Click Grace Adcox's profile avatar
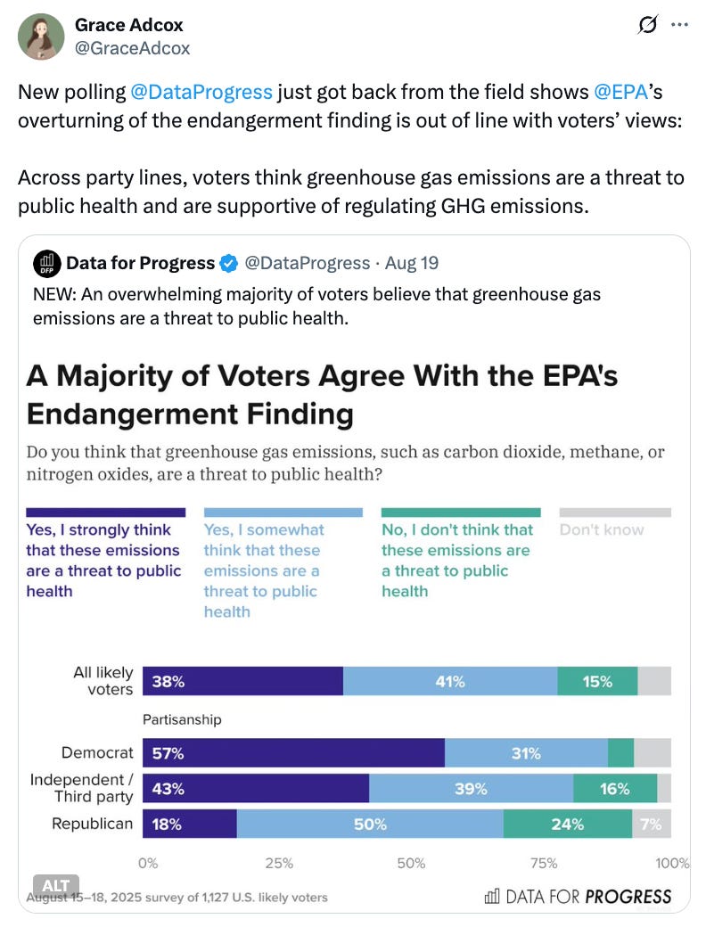pyautogui.click(x=41, y=37)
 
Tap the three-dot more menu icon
pyautogui.click(x=679, y=25)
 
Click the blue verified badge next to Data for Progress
pyautogui.click(x=229, y=263)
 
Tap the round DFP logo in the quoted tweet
pyautogui.click(x=46, y=263)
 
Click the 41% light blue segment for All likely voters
pyautogui.click(x=450, y=682)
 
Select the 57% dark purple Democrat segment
pyautogui.click(x=293, y=753)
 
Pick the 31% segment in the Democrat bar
pyautogui.click(x=526, y=753)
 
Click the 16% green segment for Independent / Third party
pyautogui.click(x=615, y=789)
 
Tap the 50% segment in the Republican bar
pyautogui.click(x=370, y=824)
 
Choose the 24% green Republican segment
pyautogui.click(x=567, y=824)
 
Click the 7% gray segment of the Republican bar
pyautogui.click(x=652, y=824)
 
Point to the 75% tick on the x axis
pyautogui.click(x=544, y=863)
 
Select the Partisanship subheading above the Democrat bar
pyautogui.click(x=182, y=719)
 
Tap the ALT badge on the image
pyautogui.click(x=56, y=885)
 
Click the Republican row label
pyautogui.click(x=92, y=824)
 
